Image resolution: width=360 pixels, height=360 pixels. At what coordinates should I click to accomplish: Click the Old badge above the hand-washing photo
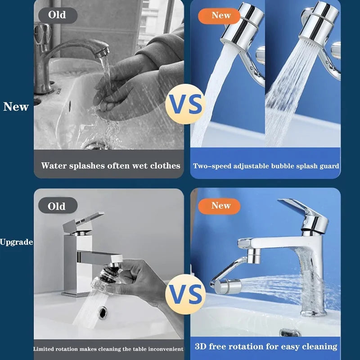click(57, 14)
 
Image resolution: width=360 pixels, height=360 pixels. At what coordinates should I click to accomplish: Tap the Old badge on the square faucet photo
click(57, 207)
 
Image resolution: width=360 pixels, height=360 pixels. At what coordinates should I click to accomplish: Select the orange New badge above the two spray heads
click(220, 15)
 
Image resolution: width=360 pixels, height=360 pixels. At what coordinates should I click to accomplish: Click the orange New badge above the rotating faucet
click(220, 206)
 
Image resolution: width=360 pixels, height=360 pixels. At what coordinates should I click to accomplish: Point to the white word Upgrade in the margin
click(16, 242)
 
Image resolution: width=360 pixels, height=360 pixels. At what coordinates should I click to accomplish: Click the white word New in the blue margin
click(16, 107)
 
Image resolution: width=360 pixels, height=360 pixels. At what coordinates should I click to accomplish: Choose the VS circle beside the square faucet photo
click(185, 296)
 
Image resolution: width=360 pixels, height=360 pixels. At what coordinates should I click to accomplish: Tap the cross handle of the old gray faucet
click(43, 34)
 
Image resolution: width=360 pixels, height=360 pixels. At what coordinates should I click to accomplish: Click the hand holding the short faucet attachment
click(135, 279)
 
